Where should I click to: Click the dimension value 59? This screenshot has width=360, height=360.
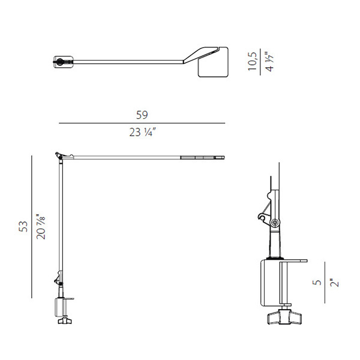point(142,115)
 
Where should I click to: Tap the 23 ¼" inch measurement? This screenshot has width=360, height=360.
point(143,132)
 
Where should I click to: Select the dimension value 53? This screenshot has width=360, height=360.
point(23,226)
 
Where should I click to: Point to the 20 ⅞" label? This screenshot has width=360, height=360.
point(41,227)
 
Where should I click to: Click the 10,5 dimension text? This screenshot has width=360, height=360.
point(253,62)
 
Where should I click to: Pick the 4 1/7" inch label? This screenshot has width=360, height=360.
point(269,62)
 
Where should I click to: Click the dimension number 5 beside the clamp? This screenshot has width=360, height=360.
point(317,282)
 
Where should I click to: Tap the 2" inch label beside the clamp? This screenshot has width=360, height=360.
point(335,283)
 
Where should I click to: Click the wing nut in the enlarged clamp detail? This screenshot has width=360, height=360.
point(284,317)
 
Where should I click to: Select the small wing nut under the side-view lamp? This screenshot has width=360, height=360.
point(65,320)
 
